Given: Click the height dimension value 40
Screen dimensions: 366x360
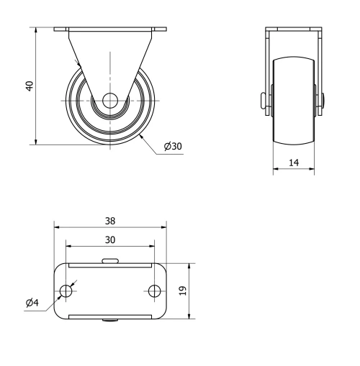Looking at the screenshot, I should coord(30,86).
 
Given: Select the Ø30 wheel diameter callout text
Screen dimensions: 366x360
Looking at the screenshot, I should coord(173,147).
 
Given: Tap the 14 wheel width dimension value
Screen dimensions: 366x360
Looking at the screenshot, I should coord(293,163).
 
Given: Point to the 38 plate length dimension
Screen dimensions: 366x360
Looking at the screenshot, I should coord(110,221).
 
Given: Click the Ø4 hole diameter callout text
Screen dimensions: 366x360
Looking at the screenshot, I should coord(32,303).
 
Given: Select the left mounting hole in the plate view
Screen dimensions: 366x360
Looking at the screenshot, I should coord(66,291).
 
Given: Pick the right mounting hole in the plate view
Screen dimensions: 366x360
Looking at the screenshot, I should coord(155,291).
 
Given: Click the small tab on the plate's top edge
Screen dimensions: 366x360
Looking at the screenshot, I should coord(110,261).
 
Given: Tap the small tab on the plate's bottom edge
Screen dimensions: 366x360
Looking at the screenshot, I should coord(110,321).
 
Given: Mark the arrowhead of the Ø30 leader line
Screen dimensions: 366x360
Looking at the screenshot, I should coord(141,133).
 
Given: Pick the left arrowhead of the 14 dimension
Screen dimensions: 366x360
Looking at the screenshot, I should coord(274,171).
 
